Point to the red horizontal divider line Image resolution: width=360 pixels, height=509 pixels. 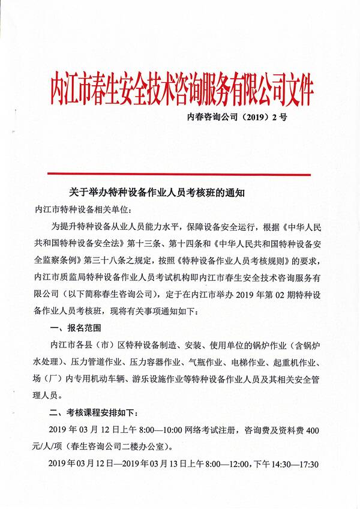(x=180, y=174)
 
